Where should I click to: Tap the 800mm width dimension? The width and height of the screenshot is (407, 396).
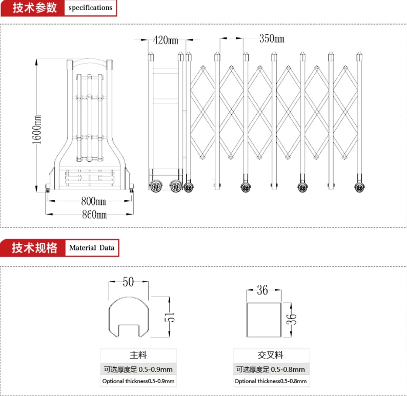click(94, 201)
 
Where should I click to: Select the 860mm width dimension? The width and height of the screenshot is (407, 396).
click(94, 215)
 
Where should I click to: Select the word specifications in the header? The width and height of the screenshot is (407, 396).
click(90, 8)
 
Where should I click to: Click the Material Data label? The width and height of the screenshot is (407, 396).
click(92, 248)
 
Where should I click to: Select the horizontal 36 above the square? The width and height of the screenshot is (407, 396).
click(262, 290)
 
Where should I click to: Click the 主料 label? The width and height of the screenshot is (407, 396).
click(138, 355)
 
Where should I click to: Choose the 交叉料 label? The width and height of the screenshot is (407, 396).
click(271, 355)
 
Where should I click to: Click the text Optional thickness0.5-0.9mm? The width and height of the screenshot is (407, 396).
click(138, 381)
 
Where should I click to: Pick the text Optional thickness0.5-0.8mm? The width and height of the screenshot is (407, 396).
click(271, 381)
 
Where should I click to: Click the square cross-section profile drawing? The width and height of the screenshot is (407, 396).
click(263, 320)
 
